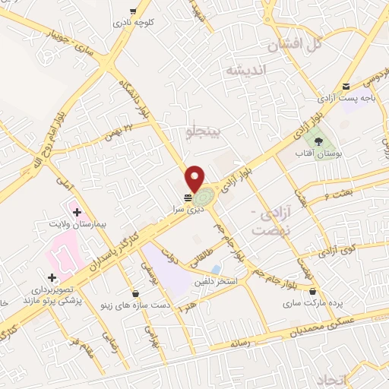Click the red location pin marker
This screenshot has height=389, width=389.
coord(194,178)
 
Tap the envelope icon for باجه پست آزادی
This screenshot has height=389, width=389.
coord(346,87)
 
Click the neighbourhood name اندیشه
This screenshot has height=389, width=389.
coord(245,70)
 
